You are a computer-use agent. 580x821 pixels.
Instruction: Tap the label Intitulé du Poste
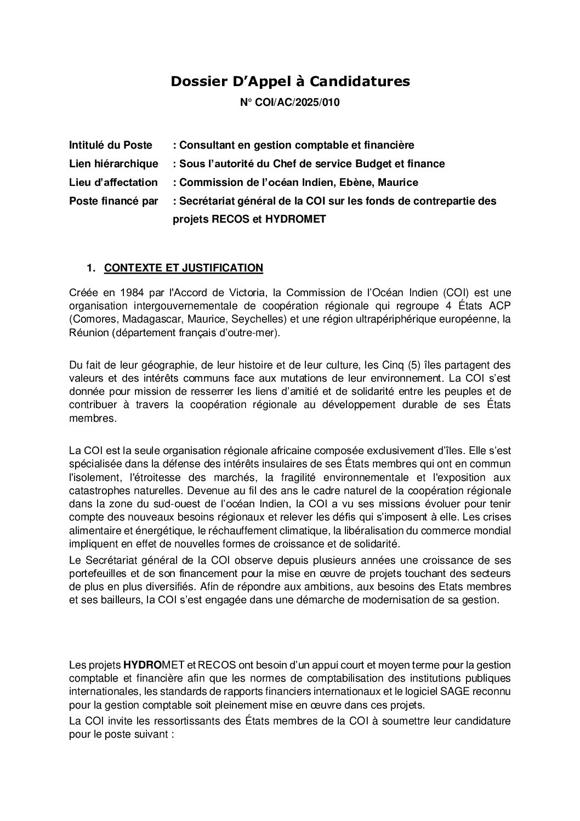pos(110,145)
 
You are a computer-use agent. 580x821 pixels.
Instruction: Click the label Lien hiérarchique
pos(113,163)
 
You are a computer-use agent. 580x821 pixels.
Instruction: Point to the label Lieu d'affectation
pos(113,182)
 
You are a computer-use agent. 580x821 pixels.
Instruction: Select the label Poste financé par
pos(113,201)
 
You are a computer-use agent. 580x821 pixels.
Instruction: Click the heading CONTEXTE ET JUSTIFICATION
pos(184,268)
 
